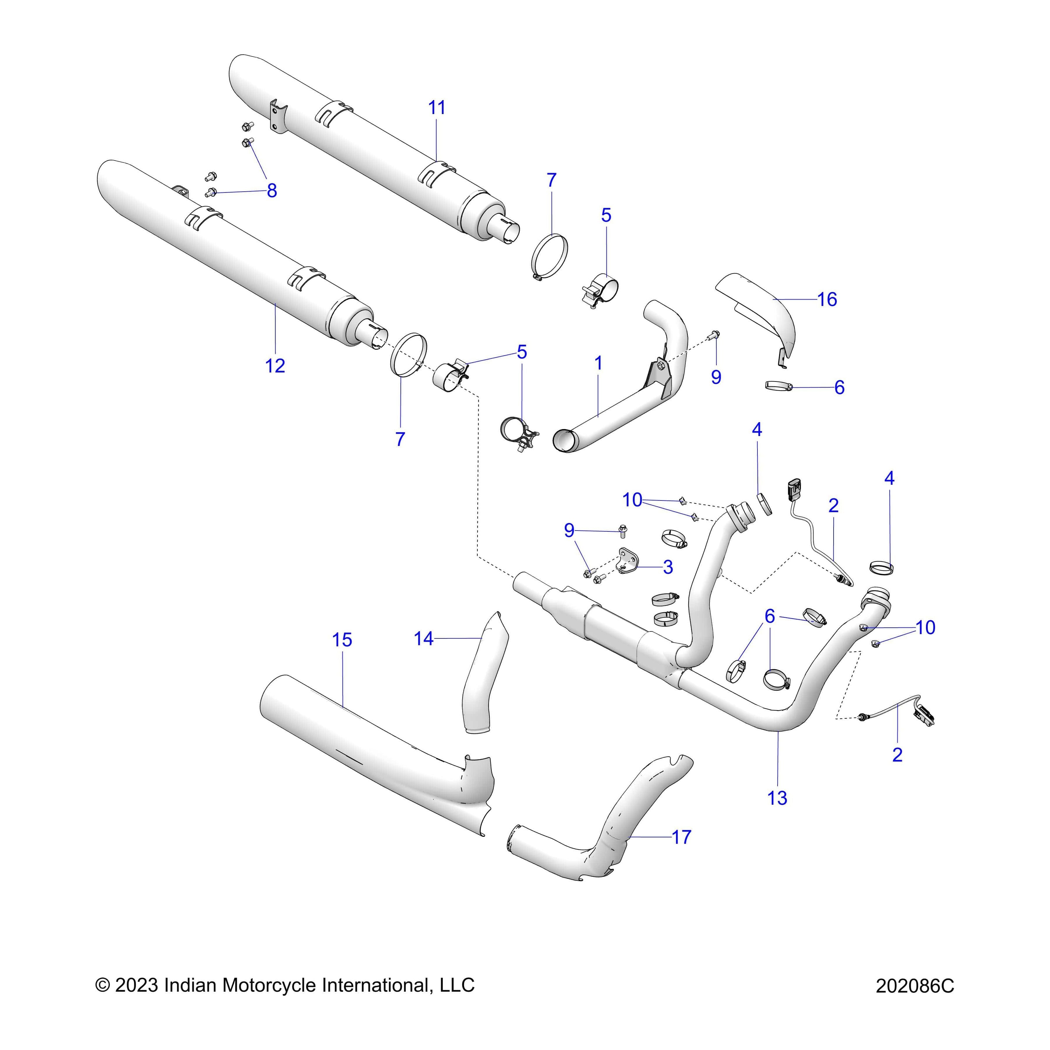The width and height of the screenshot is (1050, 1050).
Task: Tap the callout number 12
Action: click(x=275, y=366)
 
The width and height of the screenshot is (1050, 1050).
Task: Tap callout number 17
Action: click(x=682, y=837)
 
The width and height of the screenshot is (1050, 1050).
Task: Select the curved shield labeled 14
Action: click(x=484, y=674)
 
